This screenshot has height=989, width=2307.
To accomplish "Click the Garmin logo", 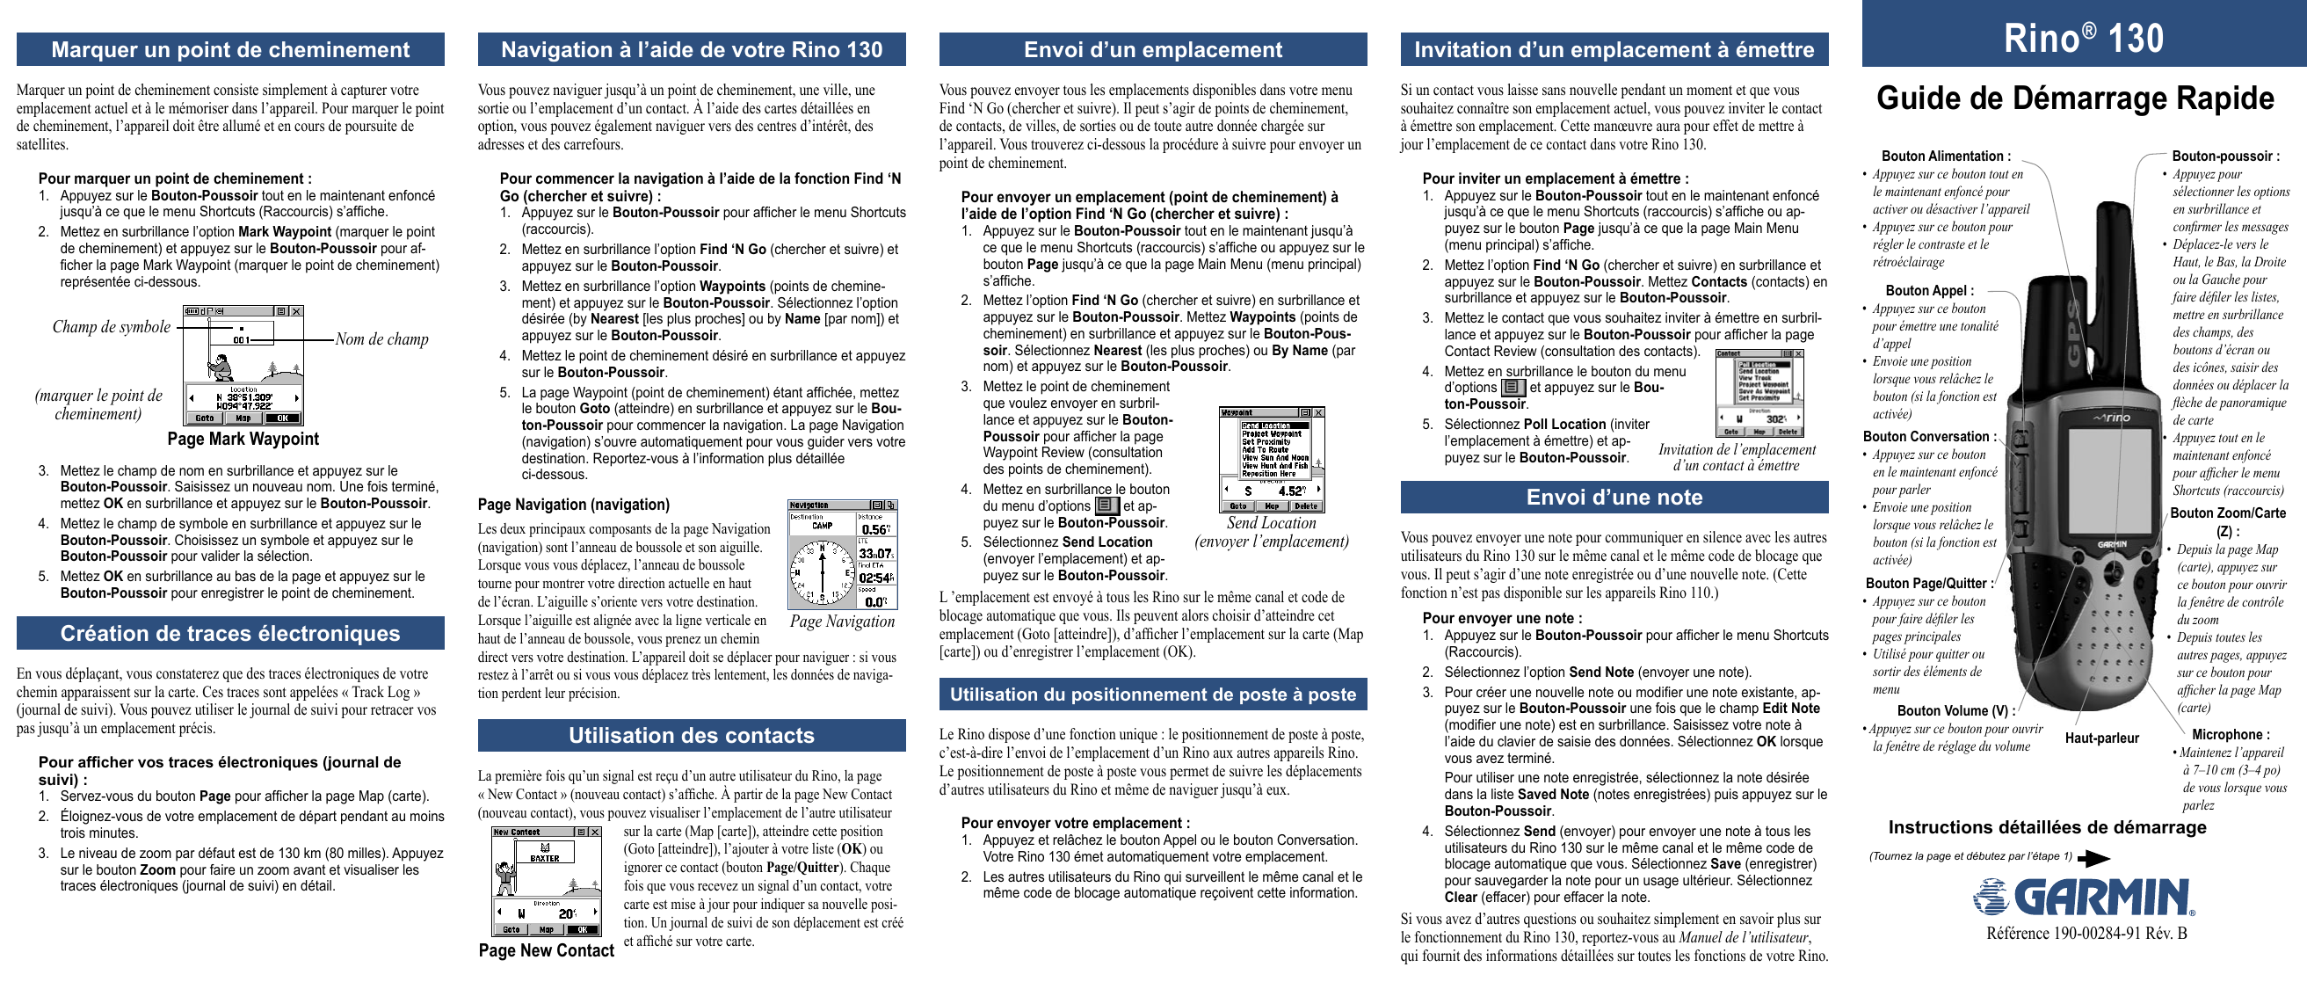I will pos(2083,897).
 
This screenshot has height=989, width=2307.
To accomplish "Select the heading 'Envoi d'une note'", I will pos(1614,498).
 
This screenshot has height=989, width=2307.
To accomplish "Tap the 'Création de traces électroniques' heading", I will pos(230,633).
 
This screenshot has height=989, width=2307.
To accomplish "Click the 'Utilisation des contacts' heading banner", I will pos(692,736).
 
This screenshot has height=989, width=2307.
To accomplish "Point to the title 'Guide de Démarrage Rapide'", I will pos(2075,98).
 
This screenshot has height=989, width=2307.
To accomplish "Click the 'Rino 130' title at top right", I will pos(2083,38).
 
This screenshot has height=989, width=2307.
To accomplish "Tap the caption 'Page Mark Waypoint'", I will pos(243,439).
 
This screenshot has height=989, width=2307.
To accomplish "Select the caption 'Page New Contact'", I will pos(547,950).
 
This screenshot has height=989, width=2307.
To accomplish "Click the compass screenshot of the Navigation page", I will pos(842,556).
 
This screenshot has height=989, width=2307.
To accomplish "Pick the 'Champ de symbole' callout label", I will pos(111,327).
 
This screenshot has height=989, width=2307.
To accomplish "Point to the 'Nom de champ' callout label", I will pos(381,339).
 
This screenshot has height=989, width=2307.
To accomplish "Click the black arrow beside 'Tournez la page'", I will pos(2093,859).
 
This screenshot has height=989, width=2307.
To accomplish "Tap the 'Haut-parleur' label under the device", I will pos(2102,738).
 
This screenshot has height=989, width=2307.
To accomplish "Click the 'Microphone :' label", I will pos(2230,735).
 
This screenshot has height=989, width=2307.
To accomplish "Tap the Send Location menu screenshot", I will pos(1272,459).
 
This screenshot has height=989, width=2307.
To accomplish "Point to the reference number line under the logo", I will pos(2086,934).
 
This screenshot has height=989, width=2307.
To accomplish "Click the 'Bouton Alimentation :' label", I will pos(1945,156).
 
